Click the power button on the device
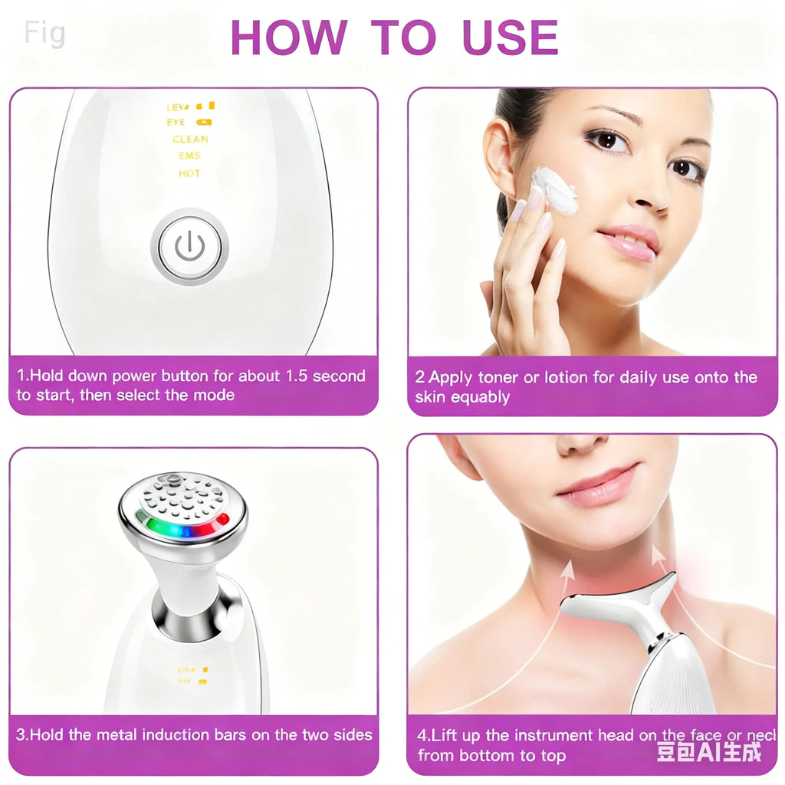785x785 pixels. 189,246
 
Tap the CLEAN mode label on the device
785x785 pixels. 190,140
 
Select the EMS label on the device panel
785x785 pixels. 189,156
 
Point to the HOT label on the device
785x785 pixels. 189,173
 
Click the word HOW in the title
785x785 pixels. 288,36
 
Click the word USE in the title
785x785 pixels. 510,36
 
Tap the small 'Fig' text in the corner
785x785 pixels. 44,34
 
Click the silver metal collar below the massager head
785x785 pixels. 185,613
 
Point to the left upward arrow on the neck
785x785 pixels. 566,570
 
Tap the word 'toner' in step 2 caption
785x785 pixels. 498,377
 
